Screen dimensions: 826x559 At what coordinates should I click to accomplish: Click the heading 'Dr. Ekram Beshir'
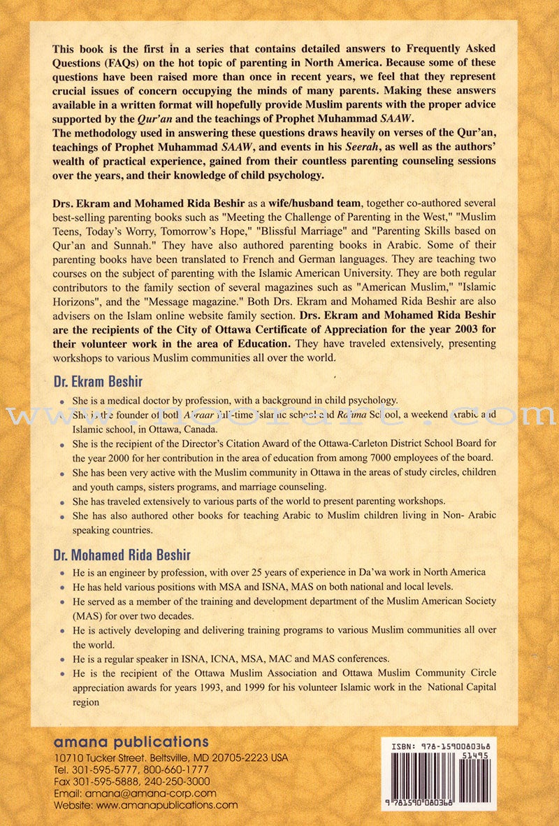(x=98, y=383)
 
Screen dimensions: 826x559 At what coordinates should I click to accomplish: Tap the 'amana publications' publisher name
(x=131, y=741)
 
